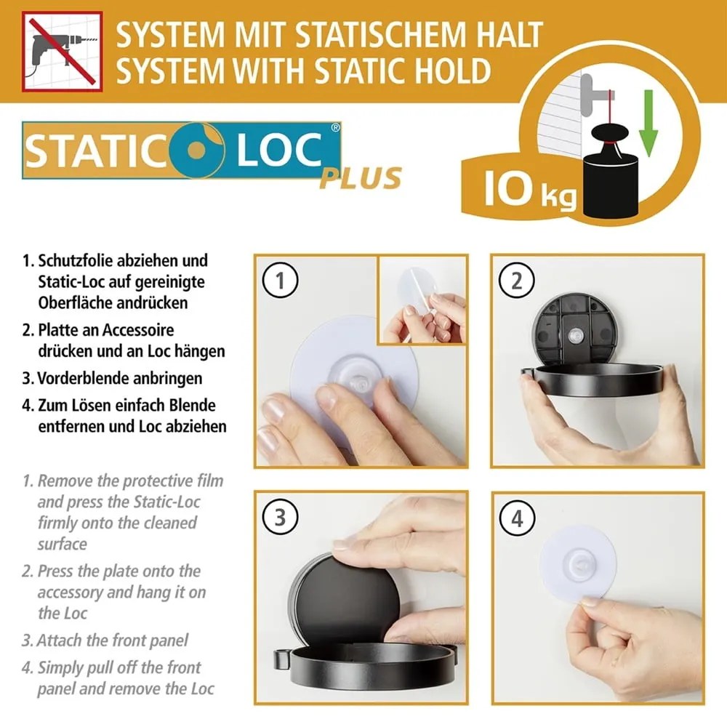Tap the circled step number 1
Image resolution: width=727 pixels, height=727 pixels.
281,281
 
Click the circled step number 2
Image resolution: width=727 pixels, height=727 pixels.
517,281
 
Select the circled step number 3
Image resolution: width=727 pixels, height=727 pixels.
281,517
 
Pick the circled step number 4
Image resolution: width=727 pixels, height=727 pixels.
517,517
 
